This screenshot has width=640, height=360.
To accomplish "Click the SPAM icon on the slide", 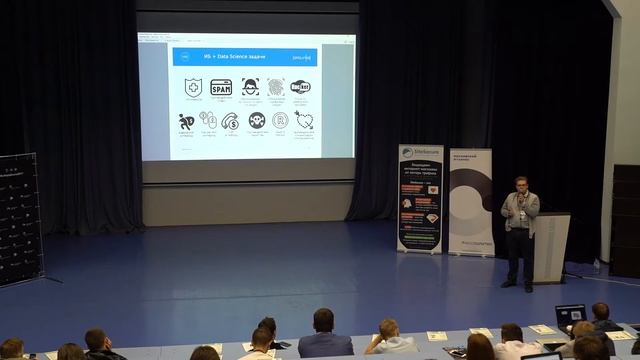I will coord(221,88).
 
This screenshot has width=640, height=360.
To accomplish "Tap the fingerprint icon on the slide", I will coord(275,88).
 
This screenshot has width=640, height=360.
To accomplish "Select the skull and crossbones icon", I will coord(256,120).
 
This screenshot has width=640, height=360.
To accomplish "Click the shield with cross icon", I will coord(193,88).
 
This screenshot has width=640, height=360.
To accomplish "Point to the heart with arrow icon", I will coord(303,120).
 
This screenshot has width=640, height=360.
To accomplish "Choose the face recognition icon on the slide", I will coord(249,88).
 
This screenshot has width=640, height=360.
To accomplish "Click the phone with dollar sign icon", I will coord(231,120).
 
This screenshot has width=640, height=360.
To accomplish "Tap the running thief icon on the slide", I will coord(186,121).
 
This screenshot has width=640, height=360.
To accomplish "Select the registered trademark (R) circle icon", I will coord(280,120).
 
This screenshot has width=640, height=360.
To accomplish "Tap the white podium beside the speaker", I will coord(550,246).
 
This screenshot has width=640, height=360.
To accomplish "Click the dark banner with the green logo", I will coord(420,197).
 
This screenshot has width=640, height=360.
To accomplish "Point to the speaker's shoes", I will coord(518,285).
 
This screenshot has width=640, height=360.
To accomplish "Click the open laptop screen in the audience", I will coord(570,315).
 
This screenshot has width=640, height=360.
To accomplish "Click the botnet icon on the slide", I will coord(300,88).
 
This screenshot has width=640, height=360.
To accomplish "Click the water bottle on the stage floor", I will coord(597,265).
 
